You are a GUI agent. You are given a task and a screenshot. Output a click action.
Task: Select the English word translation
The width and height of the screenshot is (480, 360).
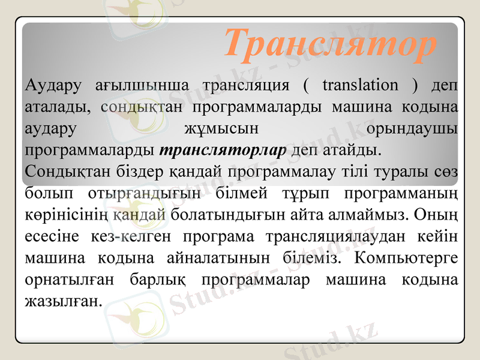[359, 85]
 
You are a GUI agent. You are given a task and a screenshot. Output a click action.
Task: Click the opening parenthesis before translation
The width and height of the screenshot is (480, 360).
[306, 85]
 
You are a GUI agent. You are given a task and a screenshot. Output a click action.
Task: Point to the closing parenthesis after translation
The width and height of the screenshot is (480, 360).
[415, 85]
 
